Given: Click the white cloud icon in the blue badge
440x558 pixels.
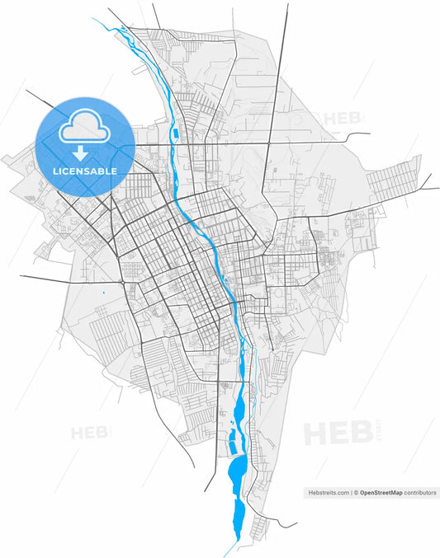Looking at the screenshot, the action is (84, 124).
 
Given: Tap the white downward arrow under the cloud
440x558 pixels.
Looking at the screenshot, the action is (80, 152).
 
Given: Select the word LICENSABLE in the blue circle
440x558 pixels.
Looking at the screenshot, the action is (84, 171).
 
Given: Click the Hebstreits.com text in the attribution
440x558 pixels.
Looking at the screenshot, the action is (328, 492).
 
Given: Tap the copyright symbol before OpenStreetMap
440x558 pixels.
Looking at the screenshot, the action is (356, 492).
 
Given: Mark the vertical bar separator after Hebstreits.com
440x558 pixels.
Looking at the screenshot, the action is (351, 492).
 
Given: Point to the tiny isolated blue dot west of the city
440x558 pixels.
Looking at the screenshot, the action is (103, 293).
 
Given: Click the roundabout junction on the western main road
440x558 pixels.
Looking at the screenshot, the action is (122, 282).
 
